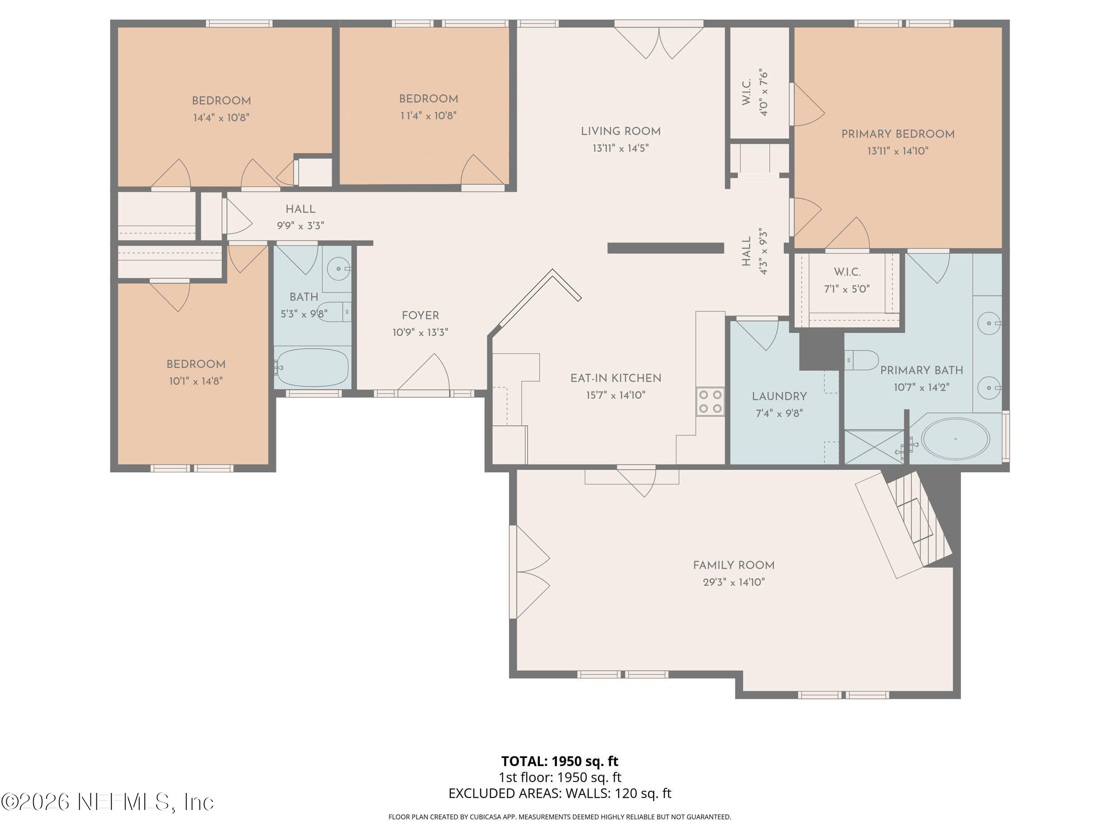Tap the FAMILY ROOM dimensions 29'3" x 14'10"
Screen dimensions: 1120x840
734,582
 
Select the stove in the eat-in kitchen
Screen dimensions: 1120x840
710,401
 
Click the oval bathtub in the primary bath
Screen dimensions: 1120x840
955,439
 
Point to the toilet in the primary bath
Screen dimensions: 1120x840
862,360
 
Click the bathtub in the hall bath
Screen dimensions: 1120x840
312,367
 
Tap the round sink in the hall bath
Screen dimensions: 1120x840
338,268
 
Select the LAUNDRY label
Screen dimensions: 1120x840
779,396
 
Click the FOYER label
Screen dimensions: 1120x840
420,315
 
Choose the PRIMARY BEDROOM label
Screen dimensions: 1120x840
898,134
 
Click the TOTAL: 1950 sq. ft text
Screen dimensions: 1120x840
560,761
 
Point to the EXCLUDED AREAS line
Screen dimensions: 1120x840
560,793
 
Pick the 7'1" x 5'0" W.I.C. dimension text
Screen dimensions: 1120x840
847,289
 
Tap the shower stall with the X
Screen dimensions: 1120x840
874,446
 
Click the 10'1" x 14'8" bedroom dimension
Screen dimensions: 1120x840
196,381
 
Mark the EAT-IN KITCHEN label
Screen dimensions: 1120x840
616,378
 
